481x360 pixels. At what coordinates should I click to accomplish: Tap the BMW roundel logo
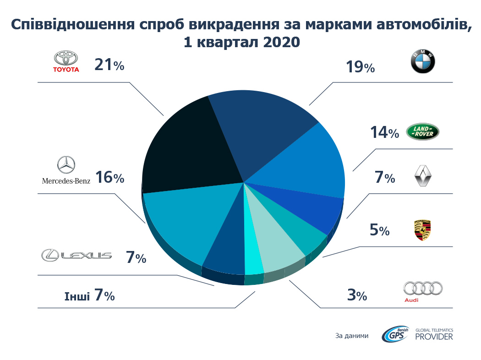[422, 62]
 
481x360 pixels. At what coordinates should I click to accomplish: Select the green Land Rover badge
[422, 132]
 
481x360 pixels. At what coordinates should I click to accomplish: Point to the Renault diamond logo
[422, 177]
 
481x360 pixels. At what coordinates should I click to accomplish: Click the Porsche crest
[422, 231]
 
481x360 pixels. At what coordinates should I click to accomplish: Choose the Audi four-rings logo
[422, 289]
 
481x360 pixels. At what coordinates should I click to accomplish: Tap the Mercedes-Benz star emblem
[66, 165]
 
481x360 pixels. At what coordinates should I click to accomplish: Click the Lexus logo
[77, 255]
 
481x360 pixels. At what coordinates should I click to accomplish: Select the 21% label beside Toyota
[109, 65]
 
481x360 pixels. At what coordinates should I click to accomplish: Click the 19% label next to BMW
[360, 67]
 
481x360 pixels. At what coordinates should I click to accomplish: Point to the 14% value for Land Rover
[384, 132]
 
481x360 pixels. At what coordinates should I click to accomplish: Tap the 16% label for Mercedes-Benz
[109, 178]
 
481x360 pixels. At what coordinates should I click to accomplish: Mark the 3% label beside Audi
[356, 295]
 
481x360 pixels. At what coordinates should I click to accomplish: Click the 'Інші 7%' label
[90, 295]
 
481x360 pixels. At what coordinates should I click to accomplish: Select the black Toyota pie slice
[188, 147]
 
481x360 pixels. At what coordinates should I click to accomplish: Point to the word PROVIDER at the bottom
[434, 337]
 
